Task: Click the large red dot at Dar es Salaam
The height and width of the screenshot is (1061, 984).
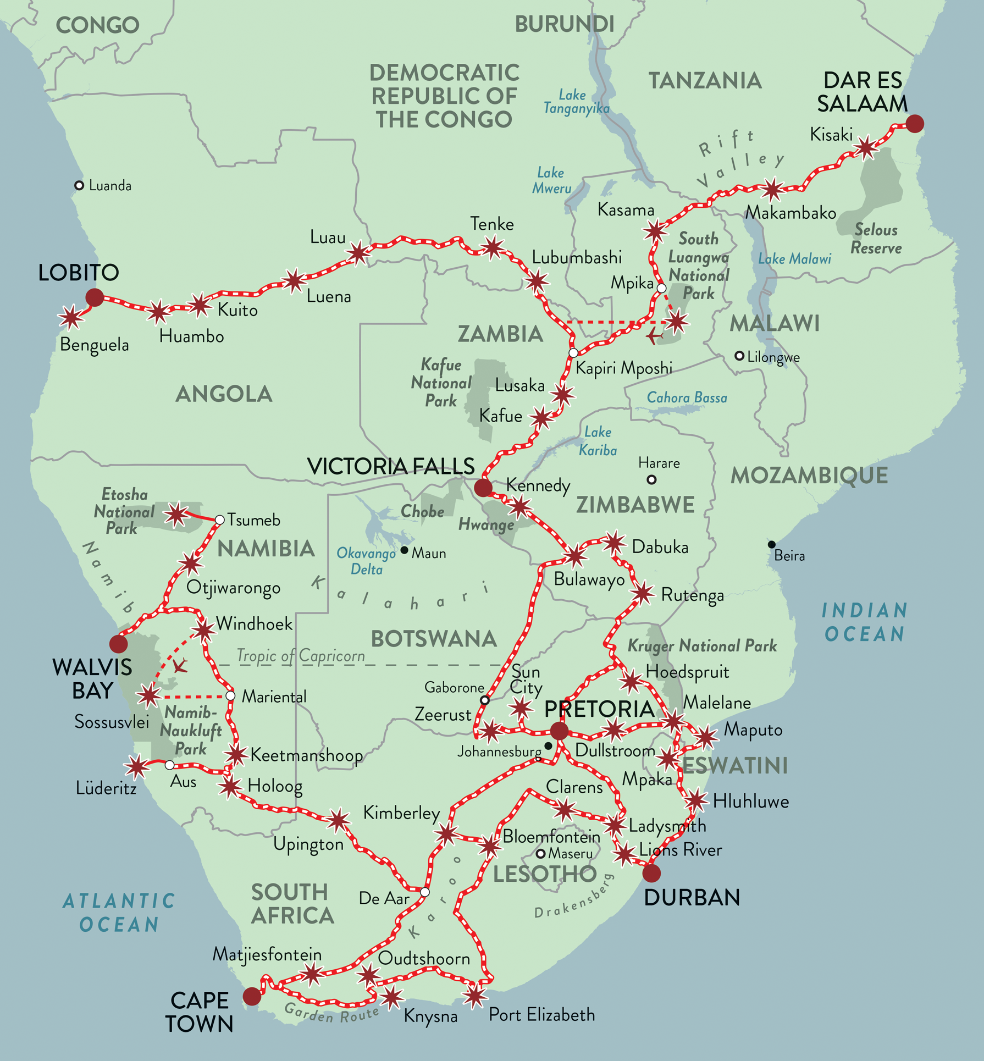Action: click(x=915, y=124)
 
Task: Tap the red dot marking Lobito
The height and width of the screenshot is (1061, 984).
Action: click(x=95, y=297)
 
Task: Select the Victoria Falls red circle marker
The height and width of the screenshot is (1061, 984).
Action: click(x=483, y=487)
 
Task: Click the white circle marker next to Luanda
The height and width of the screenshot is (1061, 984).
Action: click(x=79, y=185)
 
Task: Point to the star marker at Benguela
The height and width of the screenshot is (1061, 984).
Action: click(x=71, y=317)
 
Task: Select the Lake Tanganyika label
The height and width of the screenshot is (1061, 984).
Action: click(x=576, y=102)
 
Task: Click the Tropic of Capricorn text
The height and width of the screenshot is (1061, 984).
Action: click(x=301, y=656)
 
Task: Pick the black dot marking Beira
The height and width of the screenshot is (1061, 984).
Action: click(x=772, y=544)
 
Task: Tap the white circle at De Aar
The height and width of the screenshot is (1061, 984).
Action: click(x=425, y=892)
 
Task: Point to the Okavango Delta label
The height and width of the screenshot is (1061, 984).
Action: click(x=367, y=561)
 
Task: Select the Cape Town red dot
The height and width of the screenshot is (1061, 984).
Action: click(x=252, y=996)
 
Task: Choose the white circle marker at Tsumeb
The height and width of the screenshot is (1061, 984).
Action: click(x=219, y=520)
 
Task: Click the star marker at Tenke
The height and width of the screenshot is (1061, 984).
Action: click(x=493, y=247)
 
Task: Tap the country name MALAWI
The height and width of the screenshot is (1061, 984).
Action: click(x=775, y=324)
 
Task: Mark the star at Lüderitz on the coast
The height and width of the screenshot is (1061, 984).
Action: click(x=136, y=766)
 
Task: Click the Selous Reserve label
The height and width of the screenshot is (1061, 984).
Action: click(x=876, y=239)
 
